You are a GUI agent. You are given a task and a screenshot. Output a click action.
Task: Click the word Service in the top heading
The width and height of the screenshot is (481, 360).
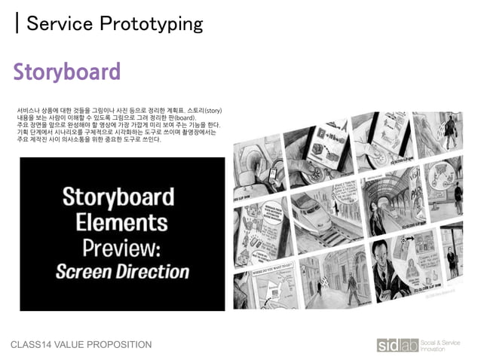[57, 24]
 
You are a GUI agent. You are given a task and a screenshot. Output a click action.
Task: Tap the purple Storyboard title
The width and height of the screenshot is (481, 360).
[66, 72]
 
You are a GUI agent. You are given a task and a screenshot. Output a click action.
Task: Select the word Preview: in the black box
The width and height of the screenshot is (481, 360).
[122, 247]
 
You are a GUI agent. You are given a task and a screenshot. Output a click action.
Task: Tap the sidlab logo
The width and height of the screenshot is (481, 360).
[396, 345]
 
